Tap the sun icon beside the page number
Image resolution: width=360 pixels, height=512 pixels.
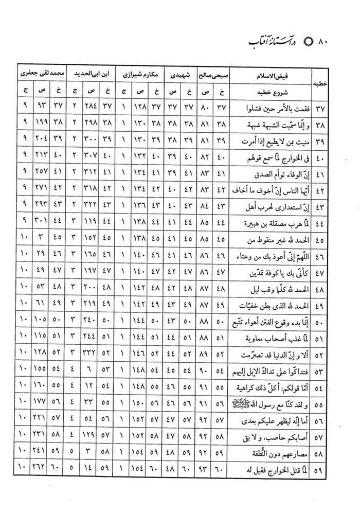309,41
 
